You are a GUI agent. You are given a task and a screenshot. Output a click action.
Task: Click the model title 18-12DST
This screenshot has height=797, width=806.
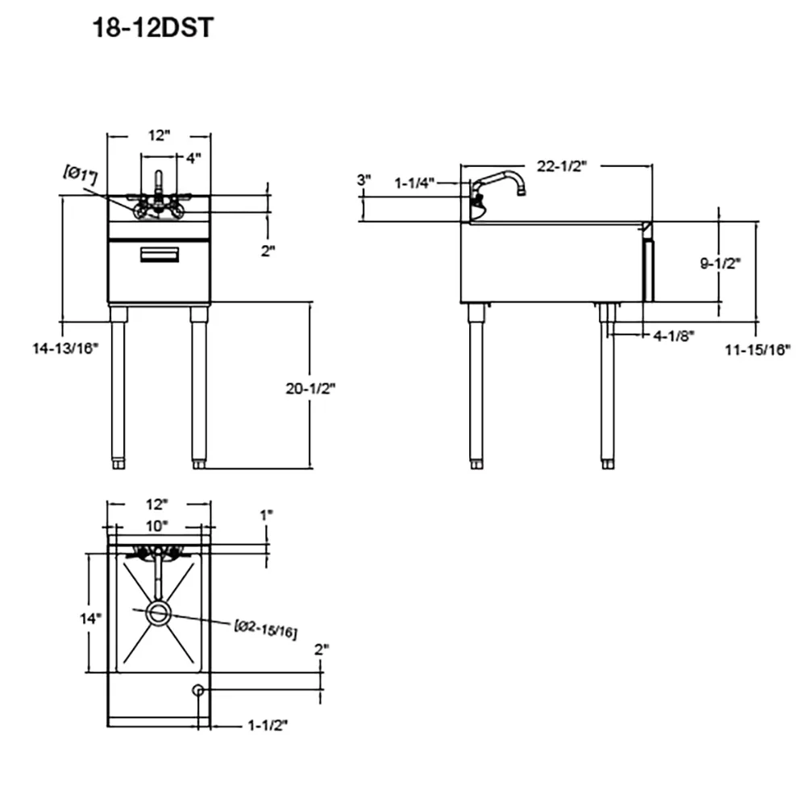click(x=152, y=27)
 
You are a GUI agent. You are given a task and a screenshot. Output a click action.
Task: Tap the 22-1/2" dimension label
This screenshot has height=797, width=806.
click(x=562, y=166)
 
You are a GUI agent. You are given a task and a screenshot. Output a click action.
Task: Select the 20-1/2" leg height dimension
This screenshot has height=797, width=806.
click(x=310, y=388)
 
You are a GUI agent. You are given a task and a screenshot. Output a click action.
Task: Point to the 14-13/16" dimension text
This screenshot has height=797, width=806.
click(x=65, y=348)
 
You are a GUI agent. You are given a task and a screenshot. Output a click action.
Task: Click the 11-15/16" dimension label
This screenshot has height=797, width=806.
click(x=758, y=350)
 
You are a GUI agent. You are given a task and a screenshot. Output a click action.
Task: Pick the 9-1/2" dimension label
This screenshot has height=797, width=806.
click(x=720, y=263)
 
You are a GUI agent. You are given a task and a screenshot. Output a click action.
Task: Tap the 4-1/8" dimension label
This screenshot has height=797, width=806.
click(x=674, y=335)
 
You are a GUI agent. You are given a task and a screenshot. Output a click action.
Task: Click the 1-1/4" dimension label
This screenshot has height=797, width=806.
click(x=414, y=182)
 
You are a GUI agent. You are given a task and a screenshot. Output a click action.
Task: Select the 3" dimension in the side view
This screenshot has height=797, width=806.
click(x=364, y=181)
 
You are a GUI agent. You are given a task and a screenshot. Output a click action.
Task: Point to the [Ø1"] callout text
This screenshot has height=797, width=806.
click(x=81, y=175)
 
